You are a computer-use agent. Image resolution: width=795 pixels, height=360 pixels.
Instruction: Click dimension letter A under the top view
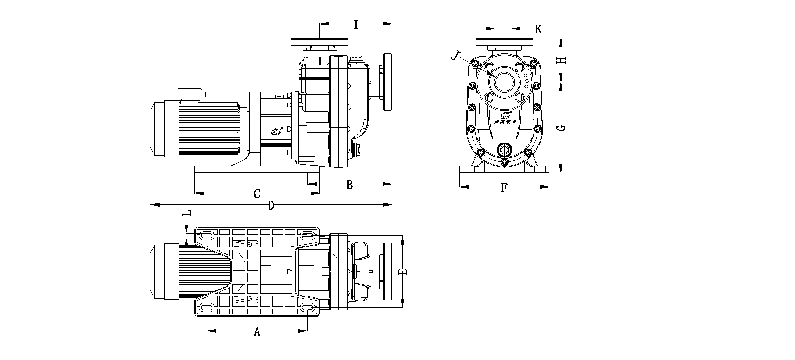pyautogui.click(x=257, y=332)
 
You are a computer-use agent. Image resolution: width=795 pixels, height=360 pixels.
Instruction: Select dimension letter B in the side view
pyautogui.click(x=349, y=185)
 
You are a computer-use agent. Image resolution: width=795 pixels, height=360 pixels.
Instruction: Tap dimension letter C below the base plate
pyautogui.click(x=258, y=193)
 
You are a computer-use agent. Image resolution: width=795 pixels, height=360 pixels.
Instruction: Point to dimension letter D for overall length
pyautogui.click(x=271, y=205)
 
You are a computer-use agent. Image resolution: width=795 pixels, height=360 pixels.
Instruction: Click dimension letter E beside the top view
pyautogui.click(x=403, y=272)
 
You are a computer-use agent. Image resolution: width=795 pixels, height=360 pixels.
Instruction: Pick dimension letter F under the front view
pyautogui.click(x=504, y=188)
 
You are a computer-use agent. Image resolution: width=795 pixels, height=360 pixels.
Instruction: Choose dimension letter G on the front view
pyautogui.click(x=561, y=128)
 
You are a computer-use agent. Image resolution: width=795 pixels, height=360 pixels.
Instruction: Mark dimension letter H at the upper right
pyautogui.click(x=561, y=60)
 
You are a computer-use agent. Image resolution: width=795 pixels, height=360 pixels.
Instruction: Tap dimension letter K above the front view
pyautogui.click(x=538, y=29)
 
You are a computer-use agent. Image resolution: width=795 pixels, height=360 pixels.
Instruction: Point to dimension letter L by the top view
pyautogui.click(x=187, y=214)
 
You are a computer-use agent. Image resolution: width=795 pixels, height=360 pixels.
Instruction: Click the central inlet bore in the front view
pyautogui.click(x=504, y=82)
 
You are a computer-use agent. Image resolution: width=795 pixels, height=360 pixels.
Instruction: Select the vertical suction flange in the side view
pyautogui.click(x=387, y=82)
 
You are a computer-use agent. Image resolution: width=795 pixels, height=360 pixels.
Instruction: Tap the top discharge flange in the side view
pyautogui.click(x=319, y=43)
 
